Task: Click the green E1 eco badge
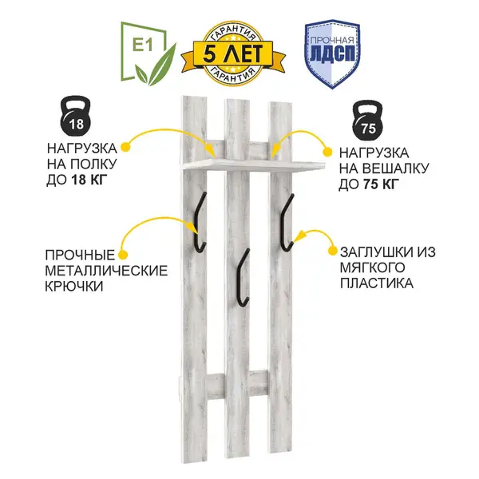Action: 148,53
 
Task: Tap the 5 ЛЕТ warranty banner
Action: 233,53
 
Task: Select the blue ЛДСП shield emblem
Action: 332,53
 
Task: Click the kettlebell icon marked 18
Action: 76,116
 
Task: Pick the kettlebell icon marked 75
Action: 368,120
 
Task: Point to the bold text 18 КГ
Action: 89,180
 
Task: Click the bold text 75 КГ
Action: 382,184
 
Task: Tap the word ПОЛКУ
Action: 93,164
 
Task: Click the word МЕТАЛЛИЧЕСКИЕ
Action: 106,271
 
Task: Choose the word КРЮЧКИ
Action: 74,287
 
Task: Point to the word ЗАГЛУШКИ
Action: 377,252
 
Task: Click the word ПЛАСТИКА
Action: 377,283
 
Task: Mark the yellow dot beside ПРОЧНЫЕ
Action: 123,255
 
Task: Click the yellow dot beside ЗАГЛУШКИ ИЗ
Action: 333,251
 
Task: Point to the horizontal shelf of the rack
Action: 253,164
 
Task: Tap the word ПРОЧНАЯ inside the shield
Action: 332,41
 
